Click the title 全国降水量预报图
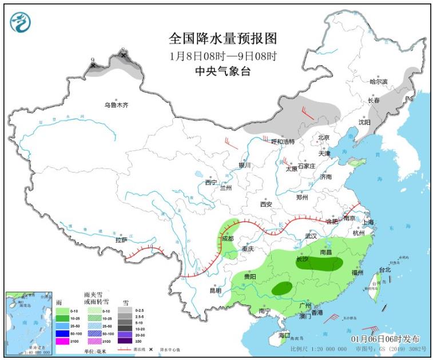pyautogui.click(x=223, y=38)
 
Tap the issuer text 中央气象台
pyautogui.click(x=223, y=71)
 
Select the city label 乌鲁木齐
pyautogui.click(x=116, y=105)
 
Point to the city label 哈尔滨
pyautogui.click(x=378, y=82)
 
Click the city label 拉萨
pyautogui.click(x=121, y=240)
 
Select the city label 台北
pyautogui.click(x=384, y=270)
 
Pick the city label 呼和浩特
pyautogui.click(x=282, y=141)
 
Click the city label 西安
pyautogui.click(x=266, y=204)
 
